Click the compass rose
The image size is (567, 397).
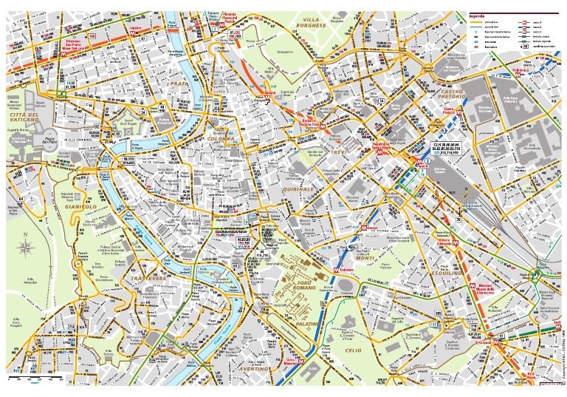tap(26, 246)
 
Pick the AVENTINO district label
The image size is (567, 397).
tap(254, 367)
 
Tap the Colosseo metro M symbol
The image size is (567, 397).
tap(337, 271)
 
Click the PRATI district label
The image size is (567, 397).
tap(179, 84)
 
